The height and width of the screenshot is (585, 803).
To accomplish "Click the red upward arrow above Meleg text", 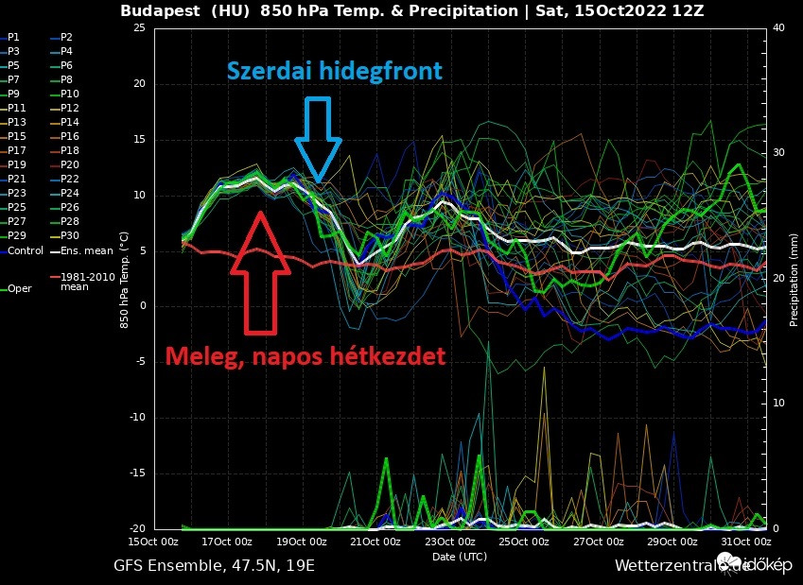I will [260, 274].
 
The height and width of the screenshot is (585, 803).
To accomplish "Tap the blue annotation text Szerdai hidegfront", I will [334, 72].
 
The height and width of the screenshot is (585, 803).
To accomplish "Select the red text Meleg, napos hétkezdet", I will [305, 357].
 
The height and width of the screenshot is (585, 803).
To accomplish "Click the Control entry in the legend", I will [26, 250].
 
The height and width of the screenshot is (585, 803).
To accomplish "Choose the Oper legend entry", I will [20, 288].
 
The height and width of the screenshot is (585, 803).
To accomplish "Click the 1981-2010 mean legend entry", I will [82, 282].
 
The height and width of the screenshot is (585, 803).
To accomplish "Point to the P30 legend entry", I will [70, 235].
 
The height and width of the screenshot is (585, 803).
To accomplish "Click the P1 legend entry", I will [13, 37].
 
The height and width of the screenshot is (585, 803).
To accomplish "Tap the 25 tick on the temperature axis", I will [138, 28].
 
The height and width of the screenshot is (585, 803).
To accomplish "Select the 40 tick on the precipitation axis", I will [779, 28].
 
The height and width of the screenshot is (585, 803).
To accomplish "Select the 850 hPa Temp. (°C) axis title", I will [125, 279].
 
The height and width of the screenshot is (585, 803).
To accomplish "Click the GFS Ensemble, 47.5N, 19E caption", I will [214, 566].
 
